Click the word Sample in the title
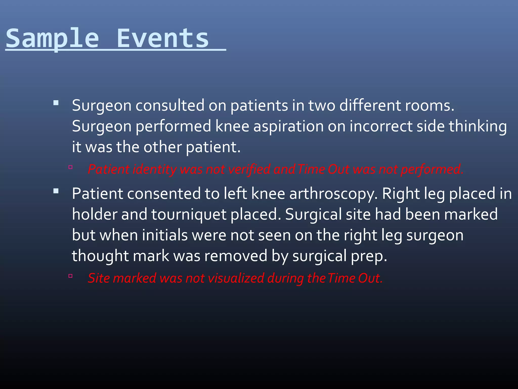pos(52,38)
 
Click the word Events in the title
pos(162,38)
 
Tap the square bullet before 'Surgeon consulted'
pos(56,103)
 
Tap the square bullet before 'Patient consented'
pos(56,191)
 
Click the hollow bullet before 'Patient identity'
pos(71,167)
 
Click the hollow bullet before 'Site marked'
pos(71,276)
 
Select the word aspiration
pos(288,127)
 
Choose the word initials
pos(165,235)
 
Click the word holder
pos(94,215)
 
